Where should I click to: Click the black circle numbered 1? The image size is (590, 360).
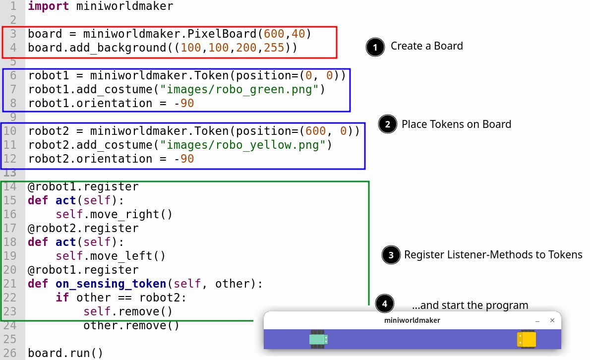coord(375,47)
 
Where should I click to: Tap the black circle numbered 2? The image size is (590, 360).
coord(387,124)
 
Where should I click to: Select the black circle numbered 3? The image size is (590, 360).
coord(391,255)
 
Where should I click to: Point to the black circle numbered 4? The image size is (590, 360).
coord(385,303)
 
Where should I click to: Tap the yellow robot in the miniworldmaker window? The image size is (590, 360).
coord(526,339)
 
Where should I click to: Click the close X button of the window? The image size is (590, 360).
coord(552,320)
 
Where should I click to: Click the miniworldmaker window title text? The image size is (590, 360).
coord(412,320)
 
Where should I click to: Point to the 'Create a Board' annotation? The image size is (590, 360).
coord(426,46)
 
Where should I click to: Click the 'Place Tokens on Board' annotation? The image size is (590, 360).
coord(456,124)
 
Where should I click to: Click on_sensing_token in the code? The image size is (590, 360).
coord(111,284)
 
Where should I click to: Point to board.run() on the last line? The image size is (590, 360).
coord(65,354)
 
